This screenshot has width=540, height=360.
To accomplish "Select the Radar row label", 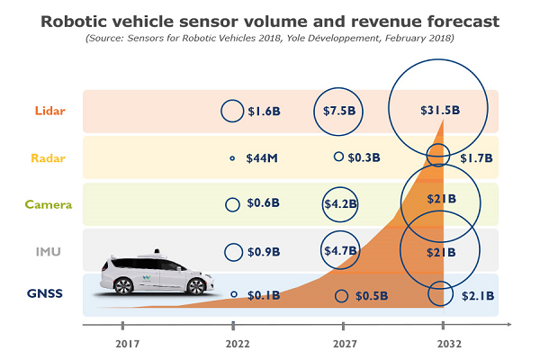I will point(49,158).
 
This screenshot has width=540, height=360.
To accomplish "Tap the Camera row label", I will point(49,205).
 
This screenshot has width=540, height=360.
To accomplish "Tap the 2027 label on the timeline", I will point(343,343).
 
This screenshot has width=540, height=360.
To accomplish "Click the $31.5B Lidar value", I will point(440,111).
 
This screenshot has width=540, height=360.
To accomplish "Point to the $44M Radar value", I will point(262,158).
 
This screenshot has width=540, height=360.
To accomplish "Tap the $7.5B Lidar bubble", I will point(340,111).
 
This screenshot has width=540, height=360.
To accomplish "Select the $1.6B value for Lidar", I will point(265,112).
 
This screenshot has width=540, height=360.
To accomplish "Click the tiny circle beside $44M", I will point(232,157).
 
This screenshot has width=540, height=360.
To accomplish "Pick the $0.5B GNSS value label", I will point(371,296).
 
